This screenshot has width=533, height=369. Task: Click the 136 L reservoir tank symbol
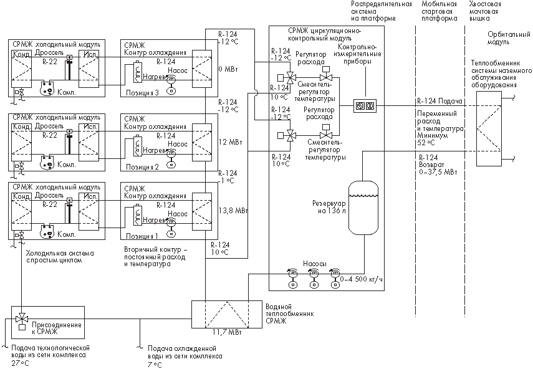[363, 208]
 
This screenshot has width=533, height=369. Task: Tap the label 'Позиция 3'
[142, 93]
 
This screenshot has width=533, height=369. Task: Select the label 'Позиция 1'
[142, 236]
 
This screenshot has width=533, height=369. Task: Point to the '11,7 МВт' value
[227, 332]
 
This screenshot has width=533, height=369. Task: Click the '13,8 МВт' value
[233, 211]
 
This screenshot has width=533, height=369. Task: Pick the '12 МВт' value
[230, 141]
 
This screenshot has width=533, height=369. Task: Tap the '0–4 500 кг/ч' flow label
[361, 279]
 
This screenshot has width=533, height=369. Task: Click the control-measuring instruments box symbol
[365, 106]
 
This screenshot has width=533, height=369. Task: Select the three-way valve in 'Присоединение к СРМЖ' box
[22, 319]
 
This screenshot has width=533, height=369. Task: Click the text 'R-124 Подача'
[439, 101]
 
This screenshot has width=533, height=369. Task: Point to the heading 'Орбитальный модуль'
[509, 38]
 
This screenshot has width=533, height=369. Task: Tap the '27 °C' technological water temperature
[20, 363]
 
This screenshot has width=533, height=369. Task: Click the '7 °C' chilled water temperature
[155, 365]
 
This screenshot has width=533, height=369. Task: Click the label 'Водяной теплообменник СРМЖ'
[290, 314]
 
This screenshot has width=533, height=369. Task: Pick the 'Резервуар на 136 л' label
[329, 208]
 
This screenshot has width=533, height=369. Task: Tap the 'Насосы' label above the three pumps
[314, 264]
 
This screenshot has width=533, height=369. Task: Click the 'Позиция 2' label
[142, 167]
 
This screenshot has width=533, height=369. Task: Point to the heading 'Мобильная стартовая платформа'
[439, 11]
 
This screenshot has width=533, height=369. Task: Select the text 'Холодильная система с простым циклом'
[60, 257]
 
